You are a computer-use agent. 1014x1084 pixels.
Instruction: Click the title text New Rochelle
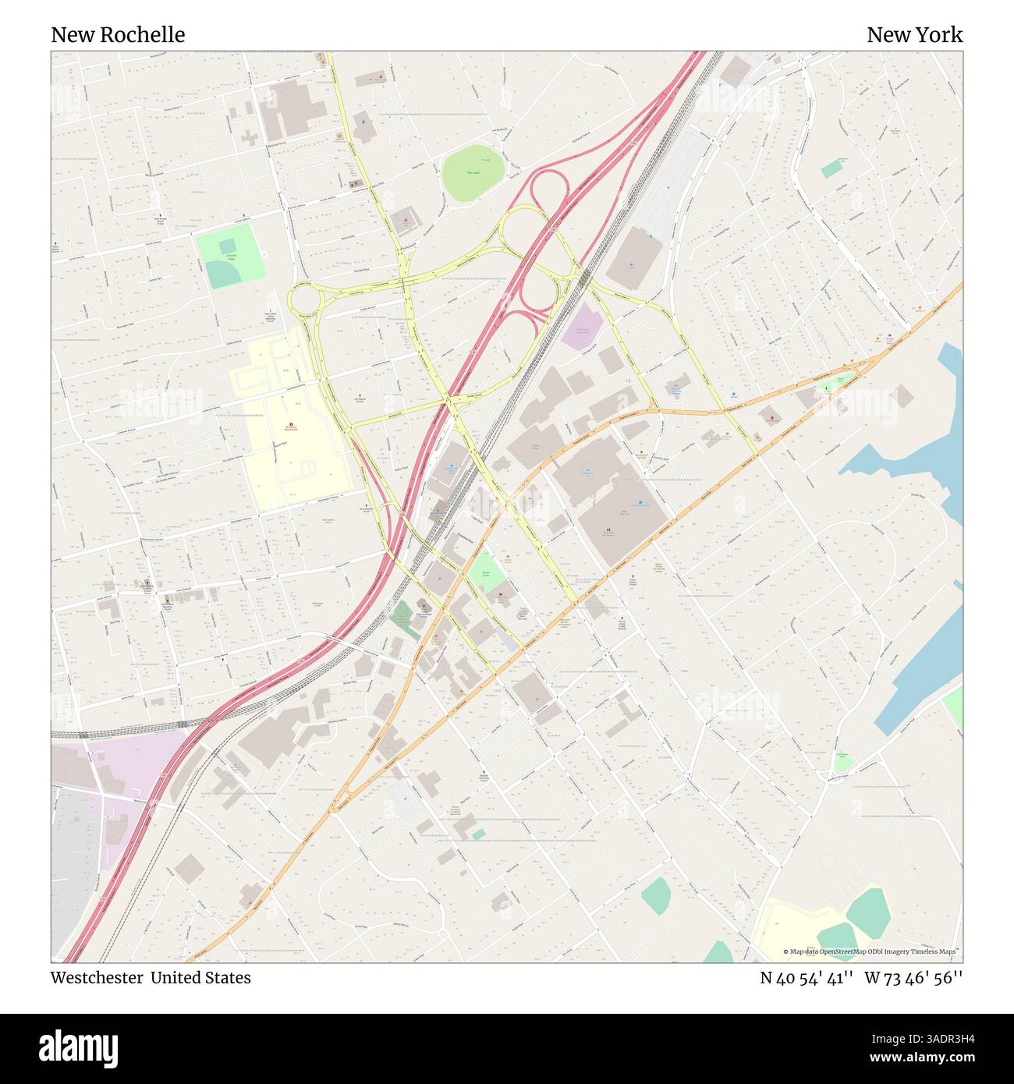[118, 35]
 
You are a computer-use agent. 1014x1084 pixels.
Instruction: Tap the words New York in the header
[914, 35]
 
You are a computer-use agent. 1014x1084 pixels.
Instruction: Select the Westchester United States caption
[151, 978]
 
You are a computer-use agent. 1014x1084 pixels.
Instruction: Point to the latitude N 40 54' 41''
[807, 978]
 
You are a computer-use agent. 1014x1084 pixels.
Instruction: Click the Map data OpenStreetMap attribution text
[871, 951]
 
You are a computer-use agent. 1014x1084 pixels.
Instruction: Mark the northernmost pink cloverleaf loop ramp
[549, 188]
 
